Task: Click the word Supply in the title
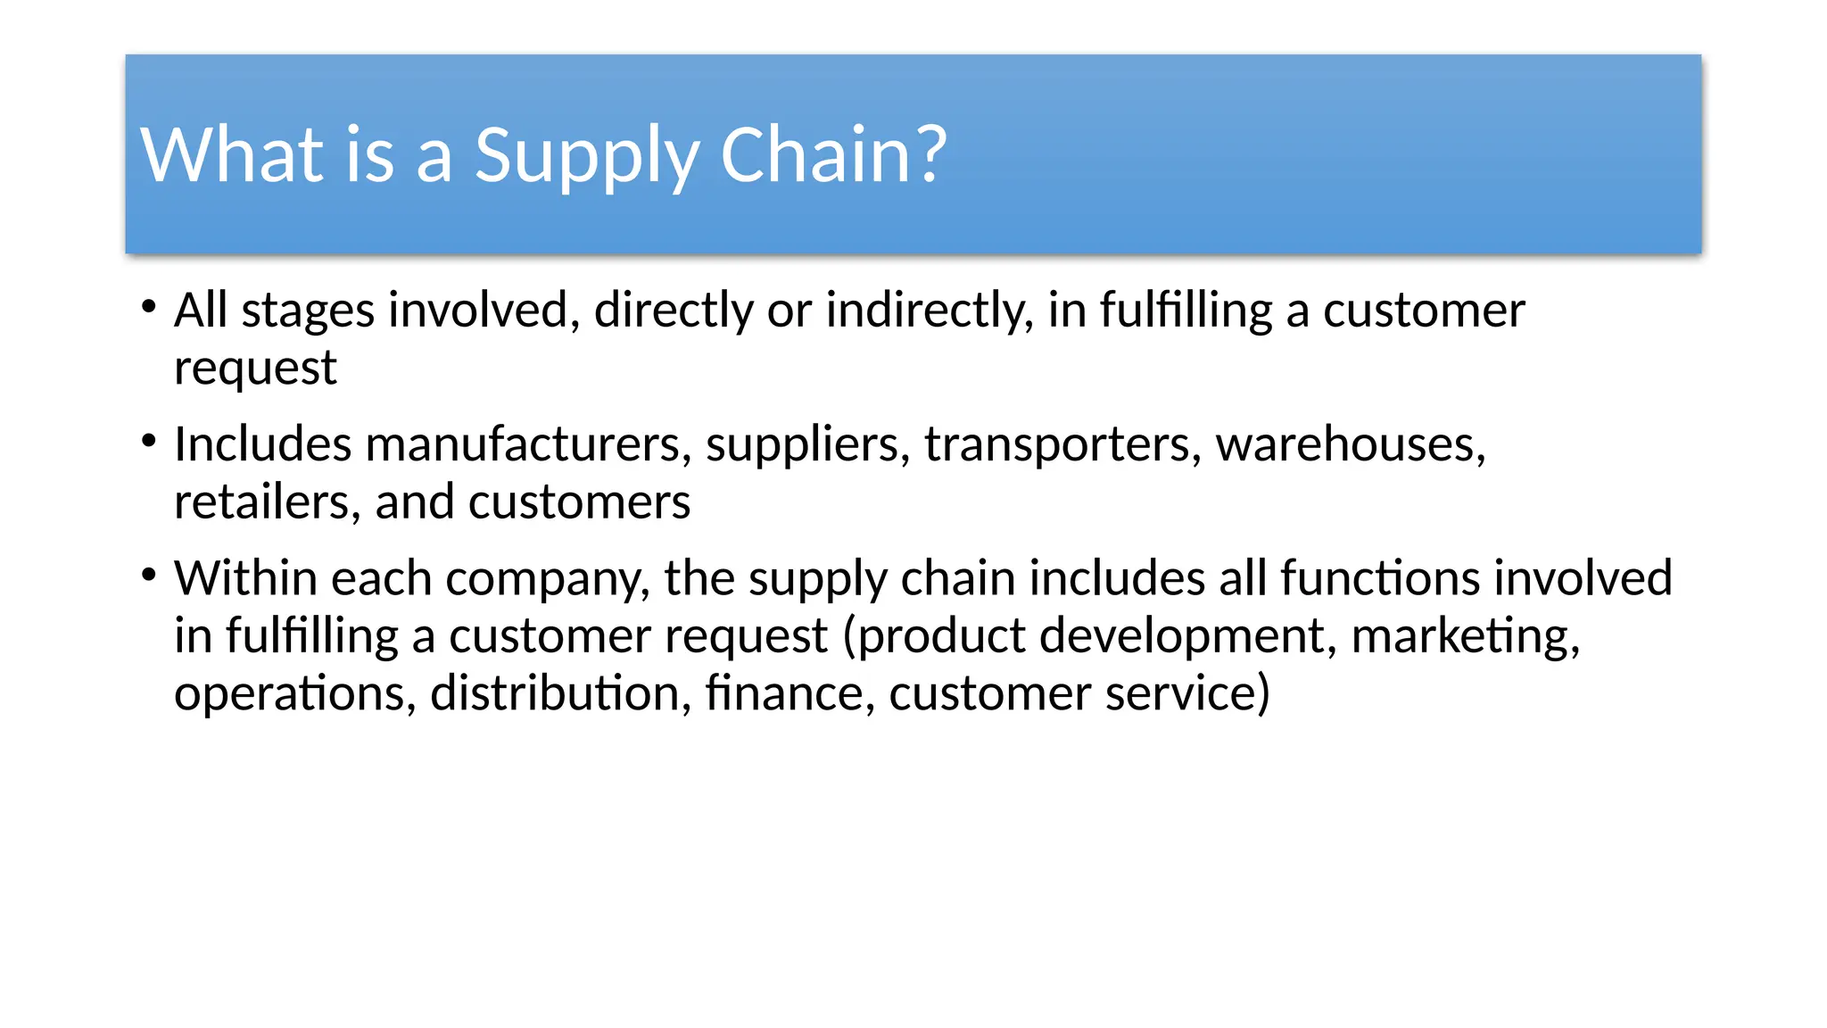pyautogui.click(x=585, y=156)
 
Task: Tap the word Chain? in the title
pyautogui.click(x=832, y=156)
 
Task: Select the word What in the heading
pyautogui.click(x=232, y=156)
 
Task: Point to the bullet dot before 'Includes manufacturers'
pyautogui.click(x=149, y=440)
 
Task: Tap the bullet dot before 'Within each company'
pyautogui.click(x=149, y=574)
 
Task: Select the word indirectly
pyautogui.click(x=928, y=311)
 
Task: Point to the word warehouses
pyautogui.click(x=1350, y=444)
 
